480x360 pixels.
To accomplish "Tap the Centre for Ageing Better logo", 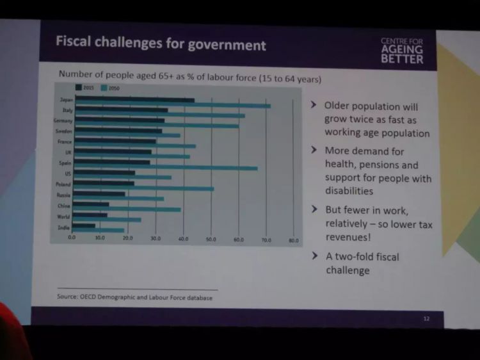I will pyautogui.click(x=402, y=50).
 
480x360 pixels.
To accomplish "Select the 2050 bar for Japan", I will pyautogui.click(x=173, y=106).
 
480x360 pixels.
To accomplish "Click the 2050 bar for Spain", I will pyautogui.click(x=166, y=168).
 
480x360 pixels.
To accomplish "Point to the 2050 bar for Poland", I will pyautogui.click(x=143, y=189).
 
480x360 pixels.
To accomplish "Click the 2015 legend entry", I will pyautogui.click(x=86, y=88).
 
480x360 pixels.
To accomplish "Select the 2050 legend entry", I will pyautogui.click(x=109, y=88).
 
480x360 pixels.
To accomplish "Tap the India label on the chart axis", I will pyautogui.click(x=65, y=227).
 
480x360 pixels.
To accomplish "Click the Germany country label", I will pyautogui.click(x=63, y=120).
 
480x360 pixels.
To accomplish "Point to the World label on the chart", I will pyautogui.click(x=63, y=217).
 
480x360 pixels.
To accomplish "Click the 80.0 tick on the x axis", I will pyautogui.click(x=294, y=240).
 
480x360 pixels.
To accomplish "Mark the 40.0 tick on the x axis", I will pyautogui.click(x=183, y=238).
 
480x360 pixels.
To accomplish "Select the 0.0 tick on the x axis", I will pyautogui.click(x=72, y=237).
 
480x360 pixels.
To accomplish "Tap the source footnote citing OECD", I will pyautogui.click(x=134, y=297).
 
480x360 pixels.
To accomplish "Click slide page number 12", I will pyautogui.click(x=426, y=318).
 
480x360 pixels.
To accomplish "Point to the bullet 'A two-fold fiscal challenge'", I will pyautogui.click(x=362, y=263).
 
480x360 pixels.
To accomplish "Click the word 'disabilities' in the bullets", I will pyautogui.click(x=349, y=191).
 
